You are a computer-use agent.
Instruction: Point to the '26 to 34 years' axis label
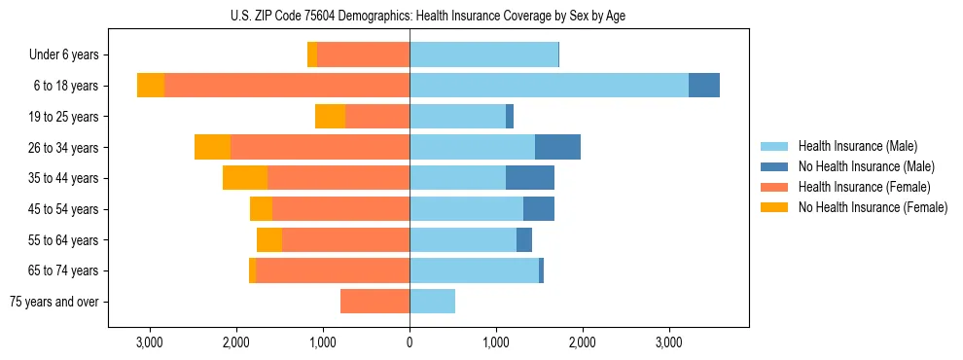point(63,148)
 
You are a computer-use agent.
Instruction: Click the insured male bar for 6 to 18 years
point(549,86)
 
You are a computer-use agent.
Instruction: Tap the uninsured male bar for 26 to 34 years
point(557,147)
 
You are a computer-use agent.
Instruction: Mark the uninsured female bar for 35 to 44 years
point(245,178)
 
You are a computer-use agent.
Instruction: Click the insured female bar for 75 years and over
point(374,302)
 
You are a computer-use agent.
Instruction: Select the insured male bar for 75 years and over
point(432,302)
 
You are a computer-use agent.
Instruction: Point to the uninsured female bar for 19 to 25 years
point(330,117)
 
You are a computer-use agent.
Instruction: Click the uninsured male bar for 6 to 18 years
point(704,86)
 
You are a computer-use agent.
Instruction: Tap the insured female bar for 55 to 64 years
point(345,239)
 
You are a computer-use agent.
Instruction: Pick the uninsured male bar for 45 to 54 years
point(539,209)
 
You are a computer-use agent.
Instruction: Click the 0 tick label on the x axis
point(410,342)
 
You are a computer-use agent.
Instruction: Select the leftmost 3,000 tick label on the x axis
point(150,342)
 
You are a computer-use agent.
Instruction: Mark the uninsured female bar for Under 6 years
point(312,55)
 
